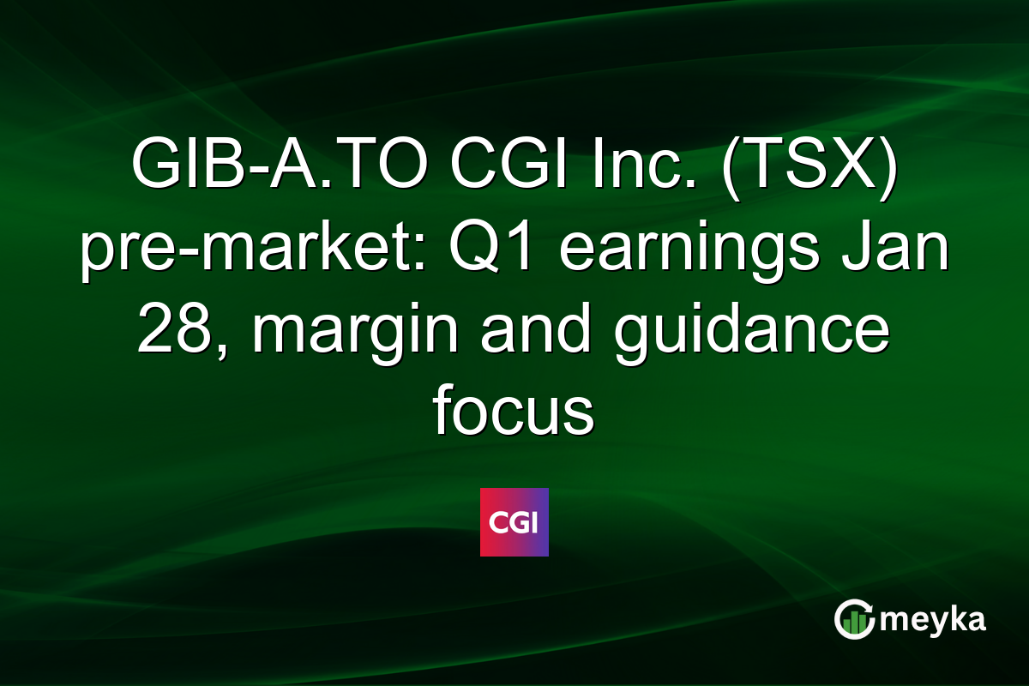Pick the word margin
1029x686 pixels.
tap(340, 334)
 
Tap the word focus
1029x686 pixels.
tap(514, 415)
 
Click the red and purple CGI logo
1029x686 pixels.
tap(514, 521)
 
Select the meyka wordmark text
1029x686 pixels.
tap(932, 619)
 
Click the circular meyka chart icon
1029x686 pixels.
tap(855, 619)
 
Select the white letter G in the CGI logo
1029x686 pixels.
tap(514, 521)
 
